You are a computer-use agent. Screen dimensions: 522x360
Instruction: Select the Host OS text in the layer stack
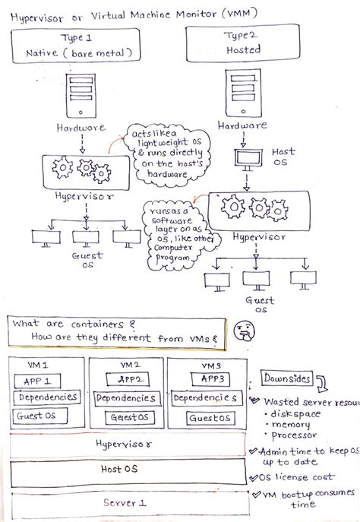122,469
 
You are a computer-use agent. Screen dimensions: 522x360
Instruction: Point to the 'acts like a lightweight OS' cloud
164,155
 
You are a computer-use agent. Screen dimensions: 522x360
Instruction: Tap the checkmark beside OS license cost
254,476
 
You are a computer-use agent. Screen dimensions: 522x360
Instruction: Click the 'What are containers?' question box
119,329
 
